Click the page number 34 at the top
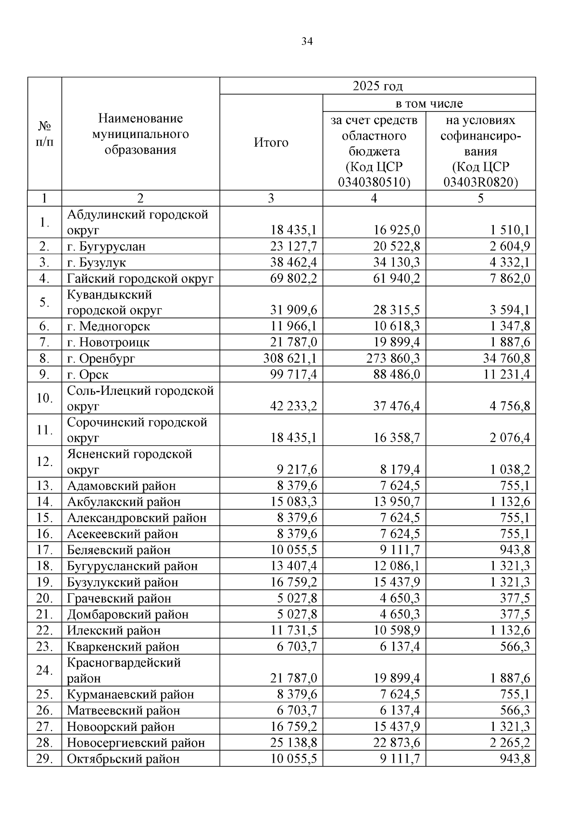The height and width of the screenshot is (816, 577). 307,42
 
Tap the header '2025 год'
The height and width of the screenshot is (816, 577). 377,86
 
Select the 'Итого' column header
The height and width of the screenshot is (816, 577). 271,142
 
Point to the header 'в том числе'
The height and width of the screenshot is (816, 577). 429,103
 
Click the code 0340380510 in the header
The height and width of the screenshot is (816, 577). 374,183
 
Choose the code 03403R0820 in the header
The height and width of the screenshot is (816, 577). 480,183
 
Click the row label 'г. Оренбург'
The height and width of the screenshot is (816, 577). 101,359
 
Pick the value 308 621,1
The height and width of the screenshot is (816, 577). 290,359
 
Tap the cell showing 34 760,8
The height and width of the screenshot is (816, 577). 507,359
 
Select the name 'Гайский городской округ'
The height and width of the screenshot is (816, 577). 140,278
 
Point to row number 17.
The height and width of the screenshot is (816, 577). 44,550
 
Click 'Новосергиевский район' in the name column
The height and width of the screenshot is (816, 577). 136,743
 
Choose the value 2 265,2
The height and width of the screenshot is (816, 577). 510,743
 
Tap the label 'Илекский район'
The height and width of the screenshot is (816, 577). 113,630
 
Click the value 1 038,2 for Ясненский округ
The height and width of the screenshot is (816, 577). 510,470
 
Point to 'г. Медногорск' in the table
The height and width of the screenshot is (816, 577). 108,326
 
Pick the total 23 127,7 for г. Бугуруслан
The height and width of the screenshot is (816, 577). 293,247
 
